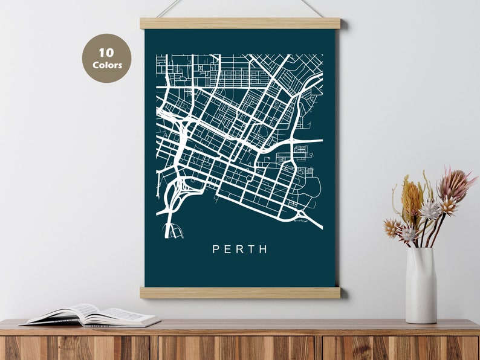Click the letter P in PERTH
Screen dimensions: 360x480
216,249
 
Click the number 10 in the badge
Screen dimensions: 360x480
107,53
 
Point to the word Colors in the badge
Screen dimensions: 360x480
107,65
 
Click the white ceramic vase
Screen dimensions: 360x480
421,285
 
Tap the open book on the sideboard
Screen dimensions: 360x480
91,315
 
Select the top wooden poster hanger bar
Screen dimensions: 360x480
240,24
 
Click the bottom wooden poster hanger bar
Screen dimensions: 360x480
240,292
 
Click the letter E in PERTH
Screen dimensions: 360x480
227,249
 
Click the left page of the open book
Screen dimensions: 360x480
66,315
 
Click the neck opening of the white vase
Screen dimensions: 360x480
421,248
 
